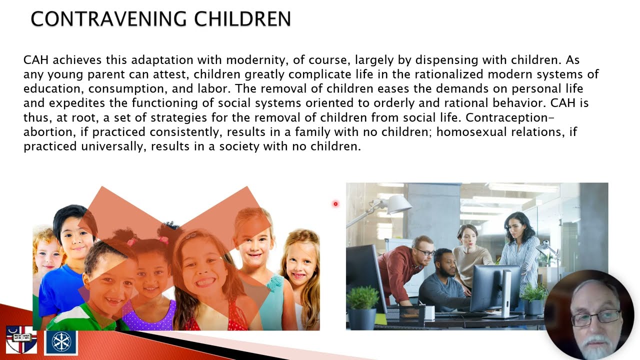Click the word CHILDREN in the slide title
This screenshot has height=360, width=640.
[242, 19]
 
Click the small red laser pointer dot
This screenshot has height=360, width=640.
[335, 203]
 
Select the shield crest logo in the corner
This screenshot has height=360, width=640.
[21, 340]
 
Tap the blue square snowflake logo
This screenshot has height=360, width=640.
[61, 341]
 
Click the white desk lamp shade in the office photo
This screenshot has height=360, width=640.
[399, 203]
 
